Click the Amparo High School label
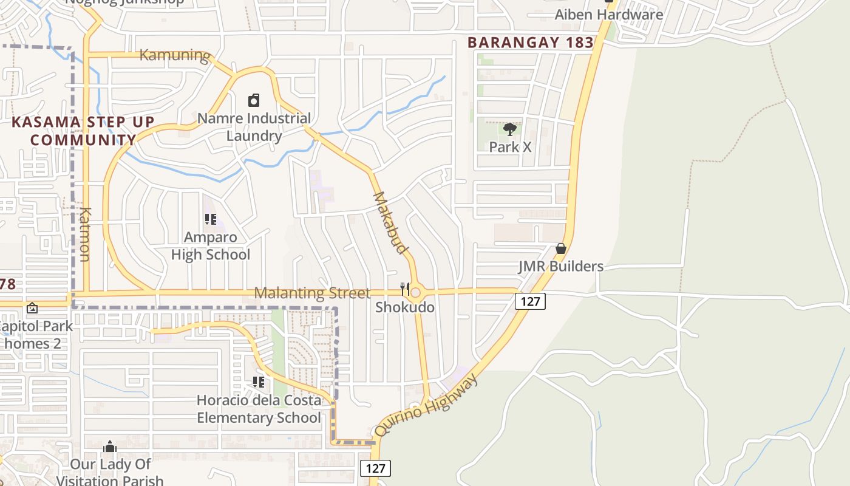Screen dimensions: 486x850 pyautogui.click(x=210, y=245)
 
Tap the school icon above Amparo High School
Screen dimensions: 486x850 pyautogui.click(x=211, y=219)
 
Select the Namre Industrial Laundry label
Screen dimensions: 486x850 pyautogui.click(x=254, y=126)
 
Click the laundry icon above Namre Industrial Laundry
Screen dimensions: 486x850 pyautogui.click(x=254, y=100)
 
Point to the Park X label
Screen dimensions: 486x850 pyautogui.click(x=510, y=147)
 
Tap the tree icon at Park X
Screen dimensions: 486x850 pyautogui.click(x=510, y=129)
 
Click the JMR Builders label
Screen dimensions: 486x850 pyautogui.click(x=560, y=266)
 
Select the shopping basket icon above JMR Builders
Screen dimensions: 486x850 pyautogui.click(x=561, y=248)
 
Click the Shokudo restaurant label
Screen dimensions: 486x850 pyautogui.click(x=404, y=307)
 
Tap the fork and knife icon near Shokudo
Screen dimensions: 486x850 pyautogui.click(x=405, y=289)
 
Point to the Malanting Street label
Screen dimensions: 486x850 pyautogui.click(x=311, y=293)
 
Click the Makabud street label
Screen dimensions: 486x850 pyautogui.click(x=390, y=222)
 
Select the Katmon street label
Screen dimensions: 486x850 pyautogui.click(x=84, y=234)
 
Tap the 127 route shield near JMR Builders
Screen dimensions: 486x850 pyautogui.click(x=530, y=301)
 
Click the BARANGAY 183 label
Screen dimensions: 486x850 pyautogui.click(x=531, y=43)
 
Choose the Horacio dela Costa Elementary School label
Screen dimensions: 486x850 pyautogui.click(x=259, y=409)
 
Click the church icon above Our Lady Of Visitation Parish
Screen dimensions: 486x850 pyautogui.click(x=109, y=447)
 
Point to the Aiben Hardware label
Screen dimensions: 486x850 pyautogui.click(x=609, y=14)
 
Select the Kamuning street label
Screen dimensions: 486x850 pyautogui.click(x=175, y=55)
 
